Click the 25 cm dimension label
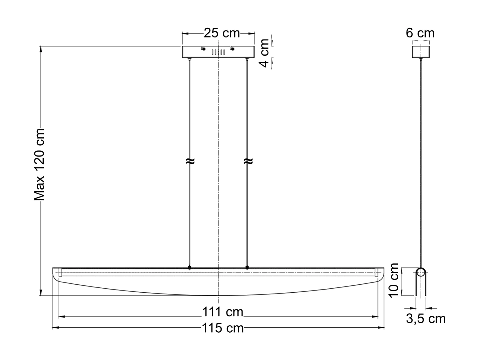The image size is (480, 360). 222,33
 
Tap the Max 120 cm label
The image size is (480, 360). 40,164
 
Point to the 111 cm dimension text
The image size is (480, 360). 222,312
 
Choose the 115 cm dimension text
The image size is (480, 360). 222,328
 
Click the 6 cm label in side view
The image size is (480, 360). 420,33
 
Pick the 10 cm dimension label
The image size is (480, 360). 394,280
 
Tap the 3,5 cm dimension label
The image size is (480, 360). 426,319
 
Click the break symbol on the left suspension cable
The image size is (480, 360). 190,161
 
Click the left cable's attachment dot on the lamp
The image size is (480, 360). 189,268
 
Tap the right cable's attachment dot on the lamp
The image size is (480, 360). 247,268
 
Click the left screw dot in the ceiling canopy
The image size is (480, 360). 203,49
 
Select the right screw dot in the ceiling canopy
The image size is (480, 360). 233,49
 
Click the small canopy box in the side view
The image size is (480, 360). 421,51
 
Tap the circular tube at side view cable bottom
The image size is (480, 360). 421,271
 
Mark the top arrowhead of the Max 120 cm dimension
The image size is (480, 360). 41,49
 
